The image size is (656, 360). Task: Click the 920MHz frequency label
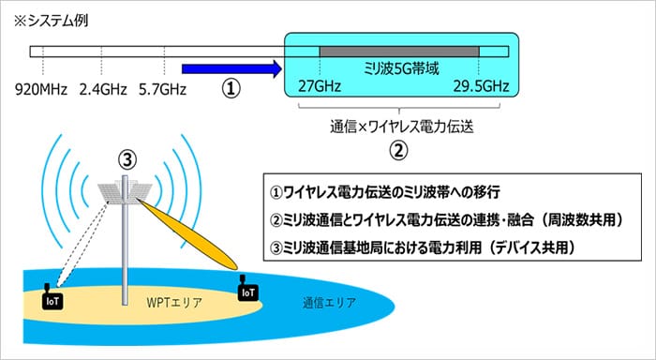(x=41, y=90)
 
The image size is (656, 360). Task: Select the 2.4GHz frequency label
(x=103, y=90)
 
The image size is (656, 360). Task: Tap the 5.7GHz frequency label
(x=163, y=90)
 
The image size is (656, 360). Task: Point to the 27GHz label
(x=320, y=86)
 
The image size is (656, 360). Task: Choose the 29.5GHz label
(x=481, y=86)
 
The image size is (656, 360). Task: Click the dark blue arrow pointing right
(x=232, y=69)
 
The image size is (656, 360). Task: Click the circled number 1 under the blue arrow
(x=231, y=89)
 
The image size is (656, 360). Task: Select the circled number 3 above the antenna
(x=127, y=159)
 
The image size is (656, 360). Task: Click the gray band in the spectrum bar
(x=399, y=52)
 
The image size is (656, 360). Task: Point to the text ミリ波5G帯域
(x=401, y=68)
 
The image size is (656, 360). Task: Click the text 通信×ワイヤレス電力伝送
(x=402, y=127)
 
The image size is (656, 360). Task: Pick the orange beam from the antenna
(x=188, y=233)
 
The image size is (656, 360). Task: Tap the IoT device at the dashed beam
(x=52, y=299)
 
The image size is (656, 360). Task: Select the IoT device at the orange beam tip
(x=248, y=290)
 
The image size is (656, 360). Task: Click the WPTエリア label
(x=174, y=302)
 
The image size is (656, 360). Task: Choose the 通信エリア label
(x=330, y=302)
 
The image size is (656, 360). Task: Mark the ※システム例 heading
(x=51, y=21)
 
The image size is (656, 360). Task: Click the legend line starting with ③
(x=423, y=247)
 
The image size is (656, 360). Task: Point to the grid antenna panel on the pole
(x=124, y=192)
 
